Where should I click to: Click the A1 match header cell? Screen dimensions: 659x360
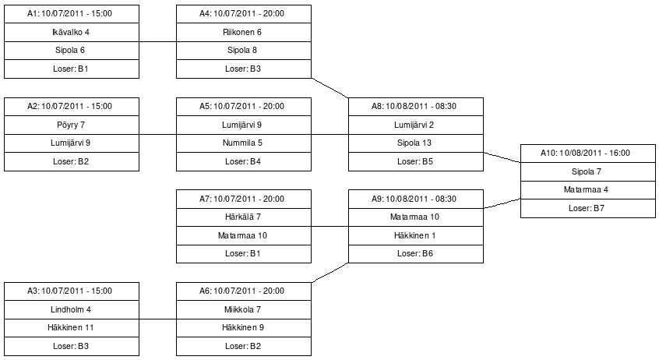click(72, 14)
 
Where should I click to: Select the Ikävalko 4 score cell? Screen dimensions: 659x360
click(72, 33)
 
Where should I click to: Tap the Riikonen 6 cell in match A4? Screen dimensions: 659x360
click(244, 33)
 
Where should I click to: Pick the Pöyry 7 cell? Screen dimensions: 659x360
click(72, 125)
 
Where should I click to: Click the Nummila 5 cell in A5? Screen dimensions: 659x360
click(244, 143)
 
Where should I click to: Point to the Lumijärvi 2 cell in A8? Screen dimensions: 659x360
click(416, 125)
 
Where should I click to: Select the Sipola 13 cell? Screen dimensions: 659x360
click(416, 143)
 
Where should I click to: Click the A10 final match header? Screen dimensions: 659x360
click(588, 154)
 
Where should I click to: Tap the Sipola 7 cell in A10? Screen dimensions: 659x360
click(588, 172)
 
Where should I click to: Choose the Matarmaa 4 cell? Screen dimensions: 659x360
click(588, 190)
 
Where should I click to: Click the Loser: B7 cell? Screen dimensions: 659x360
click(588, 209)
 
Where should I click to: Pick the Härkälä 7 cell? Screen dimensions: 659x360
click(244, 217)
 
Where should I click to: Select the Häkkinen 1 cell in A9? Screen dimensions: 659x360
click(416, 236)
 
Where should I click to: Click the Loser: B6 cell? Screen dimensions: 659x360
click(416, 254)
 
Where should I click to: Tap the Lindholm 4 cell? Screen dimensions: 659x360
click(72, 310)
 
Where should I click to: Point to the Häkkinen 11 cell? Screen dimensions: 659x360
click(72, 328)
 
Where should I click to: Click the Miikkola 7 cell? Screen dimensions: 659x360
click(244, 310)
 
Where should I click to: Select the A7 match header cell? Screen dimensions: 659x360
click(244, 199)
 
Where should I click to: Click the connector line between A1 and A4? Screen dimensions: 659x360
click(157, 41)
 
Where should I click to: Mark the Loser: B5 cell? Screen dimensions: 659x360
click(416, 162)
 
